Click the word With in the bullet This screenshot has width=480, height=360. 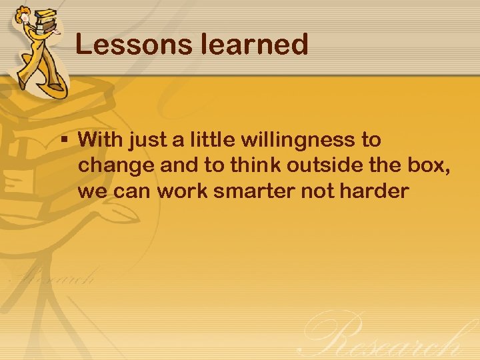pos(101,140)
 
